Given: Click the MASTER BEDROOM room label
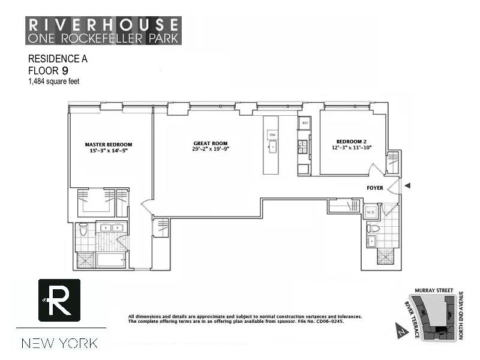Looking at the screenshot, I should tap(108, 145).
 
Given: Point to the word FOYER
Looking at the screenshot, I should tap(375, 188).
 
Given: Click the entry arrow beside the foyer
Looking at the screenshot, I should tap(407, 186).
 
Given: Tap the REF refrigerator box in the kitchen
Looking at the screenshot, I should tap(304, 123).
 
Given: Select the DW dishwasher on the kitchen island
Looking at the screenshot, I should tap(271, 135).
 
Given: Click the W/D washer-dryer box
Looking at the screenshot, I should tap(371, 212).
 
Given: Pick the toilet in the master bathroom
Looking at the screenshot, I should tap(83, 229).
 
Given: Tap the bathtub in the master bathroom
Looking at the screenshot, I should tap(110, 260).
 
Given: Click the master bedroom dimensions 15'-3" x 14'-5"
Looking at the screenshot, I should tap(108, 151).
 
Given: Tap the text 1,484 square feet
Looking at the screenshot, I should tap(53, 82).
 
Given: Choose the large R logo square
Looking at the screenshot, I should tap(59, 300).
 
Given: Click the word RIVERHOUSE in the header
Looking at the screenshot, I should tap(103, 25).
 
